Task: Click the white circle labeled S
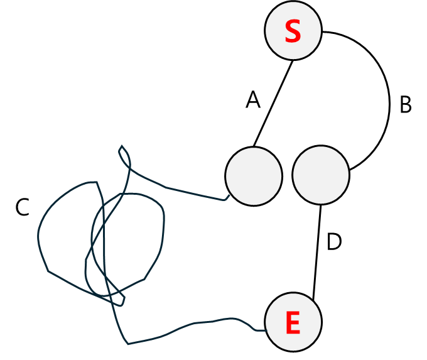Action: [293, 30]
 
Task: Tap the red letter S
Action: [293, 32]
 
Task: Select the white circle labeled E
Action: [293, 322]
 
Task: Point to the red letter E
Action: [293, 324]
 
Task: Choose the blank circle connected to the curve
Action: [254, 176]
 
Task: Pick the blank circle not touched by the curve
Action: [320, 175]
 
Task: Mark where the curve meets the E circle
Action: [266, 330]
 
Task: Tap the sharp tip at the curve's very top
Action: [122, 146]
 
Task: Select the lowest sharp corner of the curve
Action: [128, 344]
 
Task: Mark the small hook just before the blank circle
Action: [225, 199]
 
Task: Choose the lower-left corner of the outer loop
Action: [48, 271]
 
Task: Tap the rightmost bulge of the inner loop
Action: [164, 220]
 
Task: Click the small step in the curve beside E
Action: [254, 329]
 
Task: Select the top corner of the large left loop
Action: [96, 182]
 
